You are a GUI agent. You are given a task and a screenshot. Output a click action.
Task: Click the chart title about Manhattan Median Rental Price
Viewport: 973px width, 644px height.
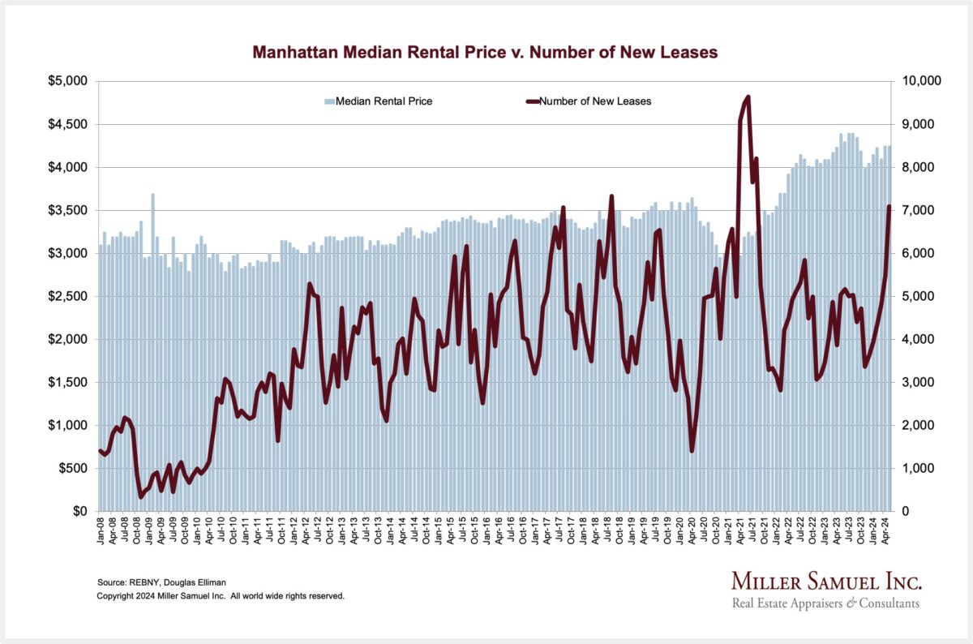point(485,53)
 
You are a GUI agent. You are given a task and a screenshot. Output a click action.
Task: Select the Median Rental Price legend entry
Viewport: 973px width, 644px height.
point(379,101)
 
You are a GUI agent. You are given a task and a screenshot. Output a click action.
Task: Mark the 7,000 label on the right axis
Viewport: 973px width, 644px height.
point(916,210)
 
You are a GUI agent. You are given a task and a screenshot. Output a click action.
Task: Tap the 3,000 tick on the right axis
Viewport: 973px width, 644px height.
point(916,382)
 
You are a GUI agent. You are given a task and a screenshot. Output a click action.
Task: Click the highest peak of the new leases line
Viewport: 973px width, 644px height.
point(748,97)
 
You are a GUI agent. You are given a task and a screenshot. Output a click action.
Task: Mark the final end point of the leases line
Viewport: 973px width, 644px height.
point(889,207)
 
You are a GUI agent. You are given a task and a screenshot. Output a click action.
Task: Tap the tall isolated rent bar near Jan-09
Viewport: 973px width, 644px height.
point(152,195)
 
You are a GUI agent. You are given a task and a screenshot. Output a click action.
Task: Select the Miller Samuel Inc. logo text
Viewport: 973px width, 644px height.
point(826,582)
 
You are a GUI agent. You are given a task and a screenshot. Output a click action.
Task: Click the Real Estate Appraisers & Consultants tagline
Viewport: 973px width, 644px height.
point(825,603)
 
